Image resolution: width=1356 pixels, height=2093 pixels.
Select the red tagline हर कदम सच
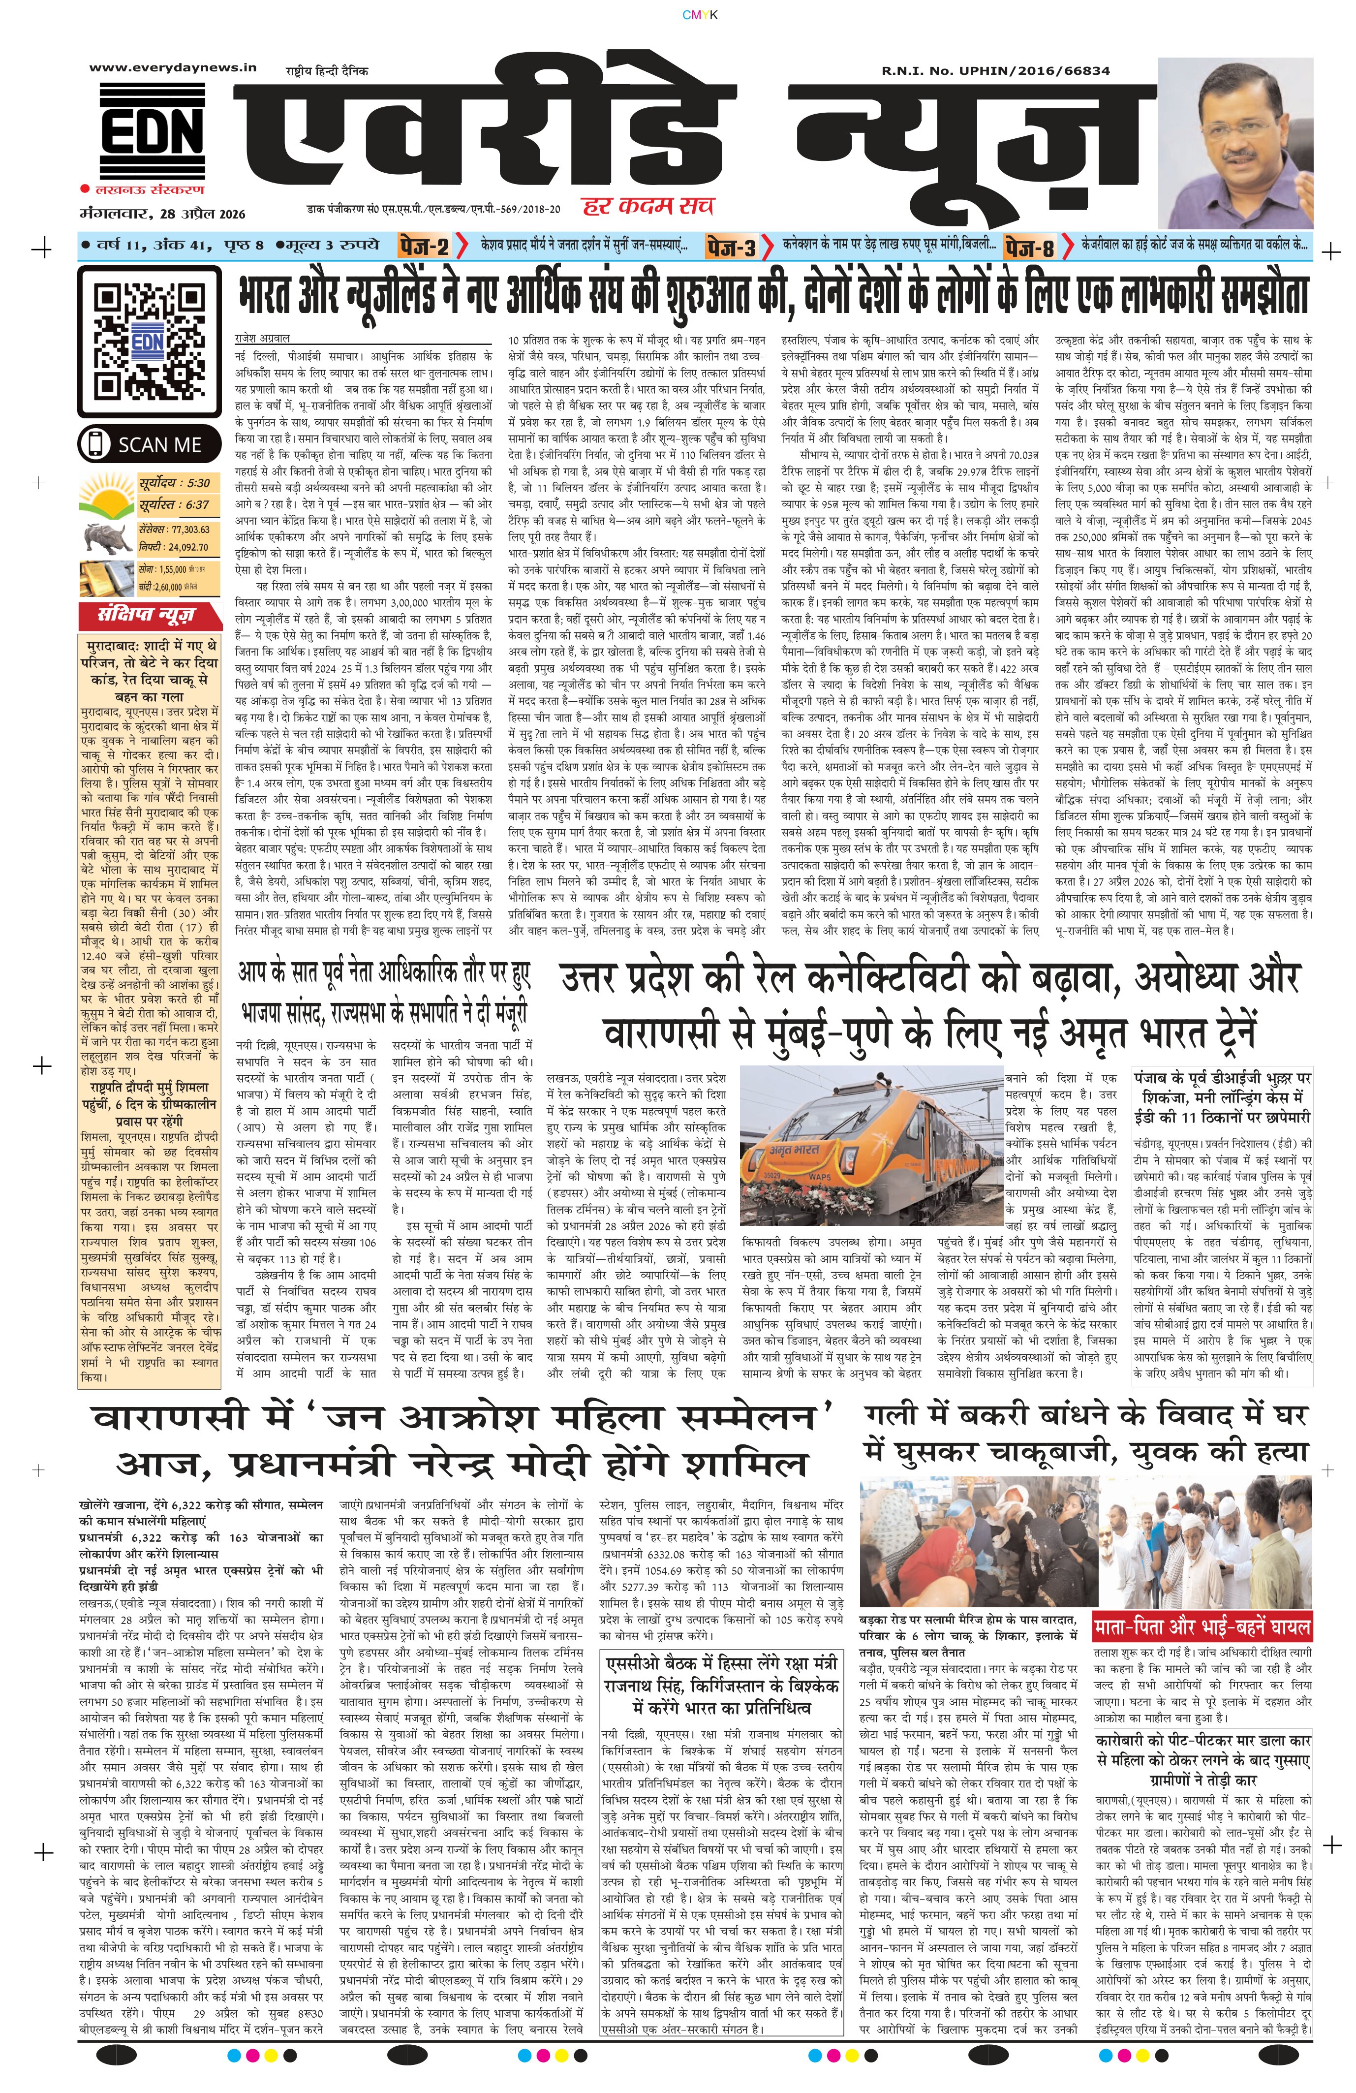tap(648, 206)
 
